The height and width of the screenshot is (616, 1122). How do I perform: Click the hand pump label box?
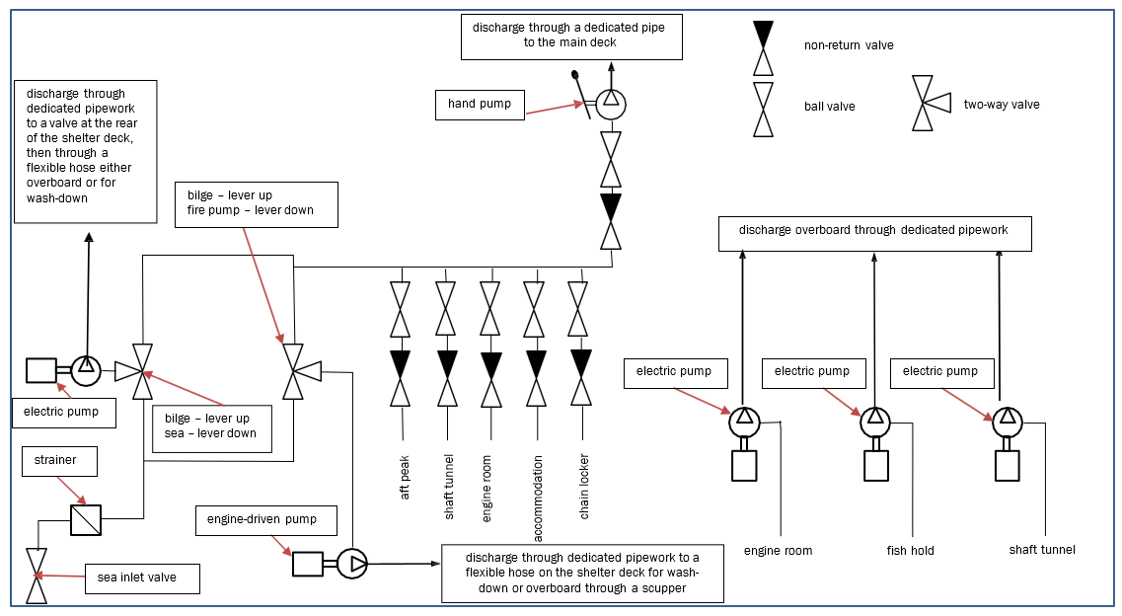pyautogui.click(x=480, y=104)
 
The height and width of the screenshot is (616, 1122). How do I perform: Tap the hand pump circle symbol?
pyautogui.click(x=611, y=102)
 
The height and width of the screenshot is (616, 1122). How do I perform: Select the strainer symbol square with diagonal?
pyautogui.click(x=86, y=520)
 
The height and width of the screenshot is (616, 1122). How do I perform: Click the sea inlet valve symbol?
pyautogui.click(x=37, y=576)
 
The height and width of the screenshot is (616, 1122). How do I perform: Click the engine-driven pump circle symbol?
pyautogui.click(x=352, y=564)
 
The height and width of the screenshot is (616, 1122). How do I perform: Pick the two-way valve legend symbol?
pyautogui.click(x=929, y=103)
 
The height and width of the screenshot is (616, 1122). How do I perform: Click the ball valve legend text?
pyautogui.click(x=829, y=107)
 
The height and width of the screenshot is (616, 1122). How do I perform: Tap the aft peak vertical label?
pyautogui.click(x=405, y=477)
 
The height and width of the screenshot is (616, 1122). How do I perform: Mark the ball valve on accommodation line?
pyautogui.click(x=534, y=309)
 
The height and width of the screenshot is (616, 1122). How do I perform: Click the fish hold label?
pyautogui.click(x=909, y=550)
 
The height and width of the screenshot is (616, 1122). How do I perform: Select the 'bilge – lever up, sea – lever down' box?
pyautogui.click(x=211, y=425)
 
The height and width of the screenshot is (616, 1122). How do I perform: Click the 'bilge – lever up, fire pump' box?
pyautogui.click(x=255, y=203)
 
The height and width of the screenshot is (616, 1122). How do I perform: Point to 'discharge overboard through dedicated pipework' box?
pyautogui.click(x=874, y=233)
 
